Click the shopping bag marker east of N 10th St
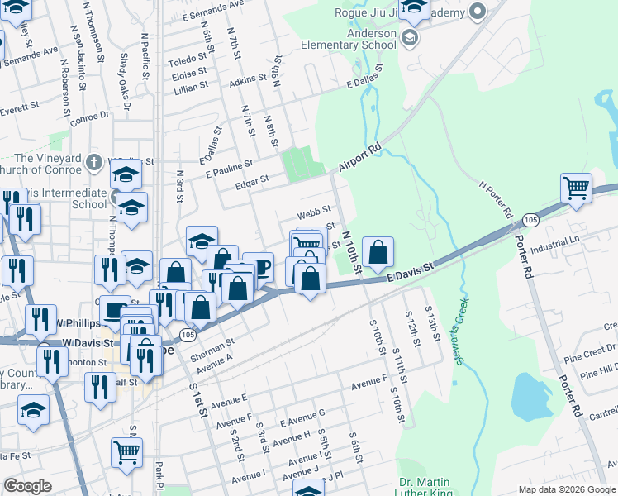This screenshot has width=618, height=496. click(378, 253)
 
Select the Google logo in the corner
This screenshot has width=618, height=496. click(26, 486)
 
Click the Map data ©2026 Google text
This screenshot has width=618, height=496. click(566, 489)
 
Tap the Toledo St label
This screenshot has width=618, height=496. click(188, 60)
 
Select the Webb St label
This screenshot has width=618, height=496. click(314, 213)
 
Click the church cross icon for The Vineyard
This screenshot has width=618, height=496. click(95, 161)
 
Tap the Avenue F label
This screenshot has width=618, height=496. click(368, 384)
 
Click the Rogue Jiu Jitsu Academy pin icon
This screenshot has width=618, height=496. click(477, 12)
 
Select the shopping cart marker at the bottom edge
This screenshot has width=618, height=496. click(126, 452)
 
